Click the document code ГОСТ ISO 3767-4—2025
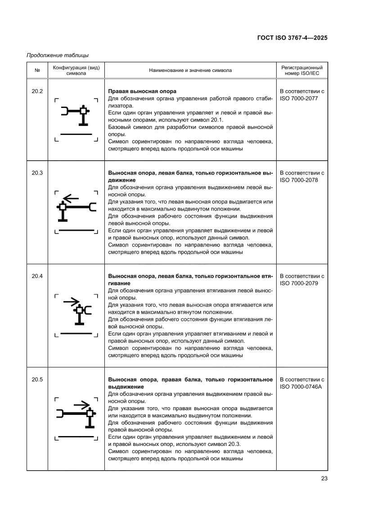289,38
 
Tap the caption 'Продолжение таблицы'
58,55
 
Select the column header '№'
37,70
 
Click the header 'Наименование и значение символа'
190,70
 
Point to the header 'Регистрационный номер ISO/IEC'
301,70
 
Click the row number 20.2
37,91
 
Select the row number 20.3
37,173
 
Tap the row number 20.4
37,276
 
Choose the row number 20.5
37,379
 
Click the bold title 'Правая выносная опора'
142,91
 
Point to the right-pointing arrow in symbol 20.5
82,405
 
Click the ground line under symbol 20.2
76,134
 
